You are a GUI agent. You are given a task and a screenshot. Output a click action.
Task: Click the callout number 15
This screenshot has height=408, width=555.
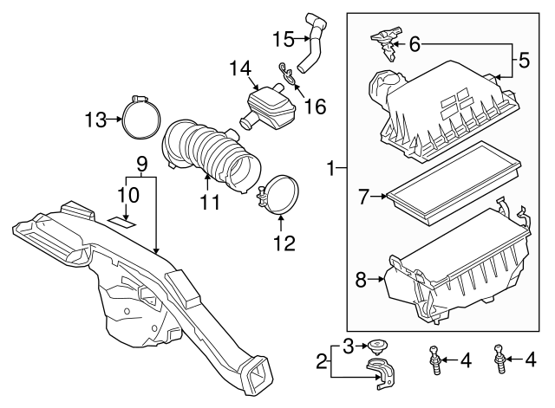284,38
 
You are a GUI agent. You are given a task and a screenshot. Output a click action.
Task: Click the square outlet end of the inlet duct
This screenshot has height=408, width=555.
258,374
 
